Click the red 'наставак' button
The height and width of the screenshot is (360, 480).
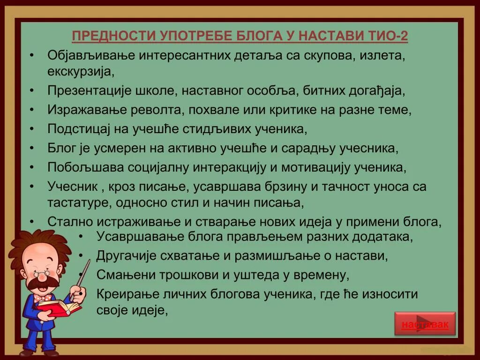click(425, 324)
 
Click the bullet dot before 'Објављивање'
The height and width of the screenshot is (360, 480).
click(31, 55)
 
